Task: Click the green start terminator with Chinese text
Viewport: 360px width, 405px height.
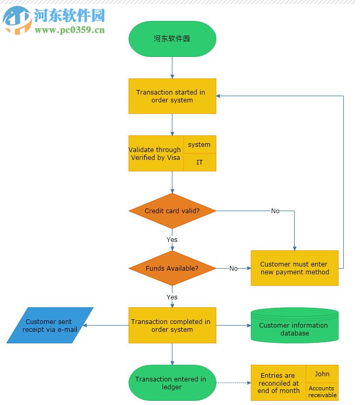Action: (x=172, y=39)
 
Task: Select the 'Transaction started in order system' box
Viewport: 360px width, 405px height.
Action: (x=172, y=96)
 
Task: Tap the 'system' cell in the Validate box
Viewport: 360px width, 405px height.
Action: (x=199, y=145)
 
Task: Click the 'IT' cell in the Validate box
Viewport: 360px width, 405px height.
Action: (x=199, y=163)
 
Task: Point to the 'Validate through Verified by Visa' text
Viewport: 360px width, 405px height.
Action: (x=156, y=154)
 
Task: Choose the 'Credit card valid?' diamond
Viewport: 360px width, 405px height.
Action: (x=172, y=211)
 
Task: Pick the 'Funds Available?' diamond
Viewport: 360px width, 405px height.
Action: (x=172, y=268)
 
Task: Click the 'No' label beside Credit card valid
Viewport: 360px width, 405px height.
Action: (x=275, y=211)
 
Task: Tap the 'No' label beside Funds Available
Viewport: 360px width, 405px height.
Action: (x=233, y=269)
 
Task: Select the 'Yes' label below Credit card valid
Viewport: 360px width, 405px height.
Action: (x=172, y=240)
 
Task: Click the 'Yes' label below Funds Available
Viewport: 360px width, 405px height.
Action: (x=172, y=297)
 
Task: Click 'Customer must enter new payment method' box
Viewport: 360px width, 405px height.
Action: (x=295, y=268)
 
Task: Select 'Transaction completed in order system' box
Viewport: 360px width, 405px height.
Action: (x=172, y=326)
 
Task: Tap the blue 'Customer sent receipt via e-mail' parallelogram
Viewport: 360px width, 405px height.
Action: (x=50, y=326)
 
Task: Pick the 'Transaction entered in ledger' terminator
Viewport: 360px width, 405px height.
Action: (x=172, y=383)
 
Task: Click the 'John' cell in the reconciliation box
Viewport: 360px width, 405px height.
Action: (x=322, y=374)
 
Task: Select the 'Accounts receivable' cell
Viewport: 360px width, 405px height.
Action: (x=322, y=391)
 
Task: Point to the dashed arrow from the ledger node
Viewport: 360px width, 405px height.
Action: (x=233, y=383)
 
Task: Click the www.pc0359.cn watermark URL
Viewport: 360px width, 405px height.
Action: (x=69, y=30)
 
